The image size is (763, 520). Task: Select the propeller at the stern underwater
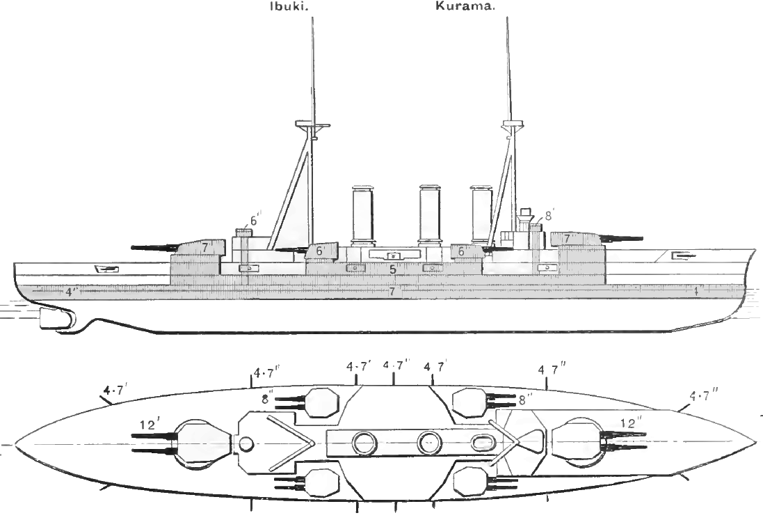(x=55, y=320)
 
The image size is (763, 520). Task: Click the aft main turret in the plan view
(x=203, y=443)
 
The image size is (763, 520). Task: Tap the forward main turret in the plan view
(x=577, y=443)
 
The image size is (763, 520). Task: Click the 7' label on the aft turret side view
(x=207, y=246)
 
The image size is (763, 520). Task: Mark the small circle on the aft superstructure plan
(x=246, y=443)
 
